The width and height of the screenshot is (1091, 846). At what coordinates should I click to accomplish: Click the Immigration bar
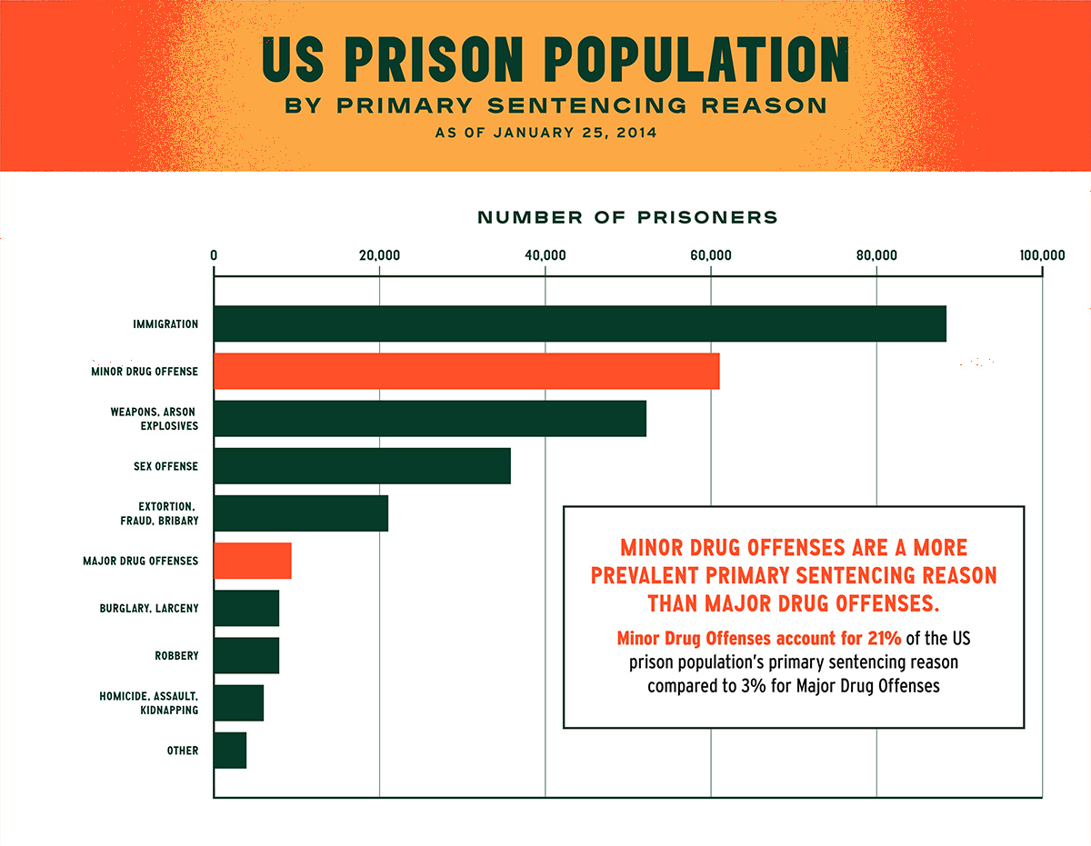click(x=579, y=323)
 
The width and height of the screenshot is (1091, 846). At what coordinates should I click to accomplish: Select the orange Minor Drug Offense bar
click(x=466, y=371)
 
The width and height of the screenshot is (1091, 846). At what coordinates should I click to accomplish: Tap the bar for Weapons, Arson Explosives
click(x=429, y=418)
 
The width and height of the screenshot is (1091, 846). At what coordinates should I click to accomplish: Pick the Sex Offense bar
click(x=362, y=466)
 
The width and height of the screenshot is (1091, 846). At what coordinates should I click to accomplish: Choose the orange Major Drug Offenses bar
click(x=253, y=561)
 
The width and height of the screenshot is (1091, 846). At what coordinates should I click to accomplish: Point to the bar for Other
click(x=230, y=751)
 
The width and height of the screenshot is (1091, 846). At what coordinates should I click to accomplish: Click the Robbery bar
click(x=246, y=655)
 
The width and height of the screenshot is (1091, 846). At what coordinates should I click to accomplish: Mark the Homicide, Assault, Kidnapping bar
click(x=239, y=702)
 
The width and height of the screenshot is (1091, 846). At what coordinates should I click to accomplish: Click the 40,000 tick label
click(x=545, y=255)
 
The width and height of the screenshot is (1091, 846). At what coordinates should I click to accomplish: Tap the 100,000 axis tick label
click(x=1041, y=255)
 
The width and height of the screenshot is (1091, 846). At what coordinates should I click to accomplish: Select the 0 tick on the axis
click(x=214, y=255)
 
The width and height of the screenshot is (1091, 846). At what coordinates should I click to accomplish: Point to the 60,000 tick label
click(x=710, y=255)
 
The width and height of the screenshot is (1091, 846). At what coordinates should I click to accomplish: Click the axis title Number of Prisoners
click(x=627, y=218)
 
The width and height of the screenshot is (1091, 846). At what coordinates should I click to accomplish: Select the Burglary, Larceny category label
click(x=149, y=608)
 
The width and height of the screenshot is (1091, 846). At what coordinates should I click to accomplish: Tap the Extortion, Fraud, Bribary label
click(x=159, y=513)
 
